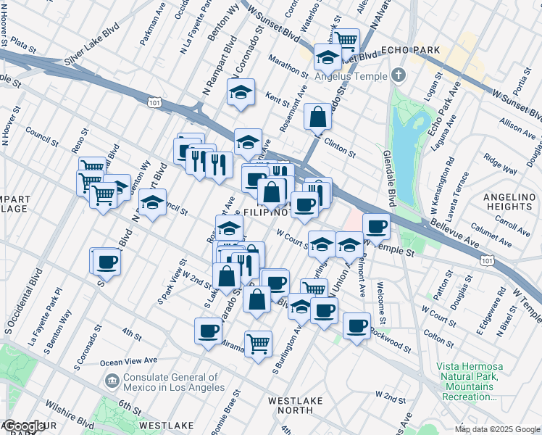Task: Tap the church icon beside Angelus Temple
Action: [399, 75]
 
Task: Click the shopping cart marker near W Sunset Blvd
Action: [346, 41]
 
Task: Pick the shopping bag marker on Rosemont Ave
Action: [318, 116]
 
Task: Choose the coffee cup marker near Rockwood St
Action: [356, 326]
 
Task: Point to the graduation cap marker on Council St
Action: [152, 202]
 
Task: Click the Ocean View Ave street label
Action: [128, 361]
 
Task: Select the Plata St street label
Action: [23, 46]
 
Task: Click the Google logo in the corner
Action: [25, 426]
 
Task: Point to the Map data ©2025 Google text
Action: [496, 429]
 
